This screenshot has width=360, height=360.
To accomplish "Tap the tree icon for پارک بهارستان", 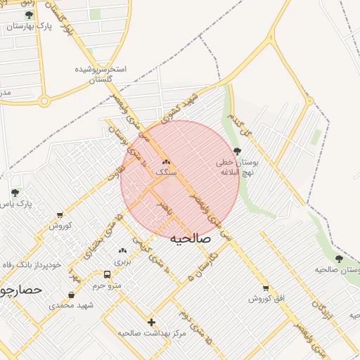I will [29, 15].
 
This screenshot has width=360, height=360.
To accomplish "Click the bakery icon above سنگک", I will [166, 162].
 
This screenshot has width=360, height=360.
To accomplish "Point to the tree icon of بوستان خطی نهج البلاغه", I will [237, 150].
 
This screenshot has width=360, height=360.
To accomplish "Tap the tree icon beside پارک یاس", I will [15, 193].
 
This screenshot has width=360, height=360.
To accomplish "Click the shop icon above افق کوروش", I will [265, 288].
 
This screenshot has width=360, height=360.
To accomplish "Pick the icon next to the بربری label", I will [123, 250].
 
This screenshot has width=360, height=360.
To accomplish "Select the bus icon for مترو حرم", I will [107, 275].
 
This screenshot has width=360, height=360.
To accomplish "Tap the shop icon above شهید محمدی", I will [71, 295].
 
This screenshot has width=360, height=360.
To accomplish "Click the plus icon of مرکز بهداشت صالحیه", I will [151, 322].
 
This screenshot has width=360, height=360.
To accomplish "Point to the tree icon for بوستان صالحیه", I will [339, 259].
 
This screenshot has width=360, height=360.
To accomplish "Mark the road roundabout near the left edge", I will [44, 101].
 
